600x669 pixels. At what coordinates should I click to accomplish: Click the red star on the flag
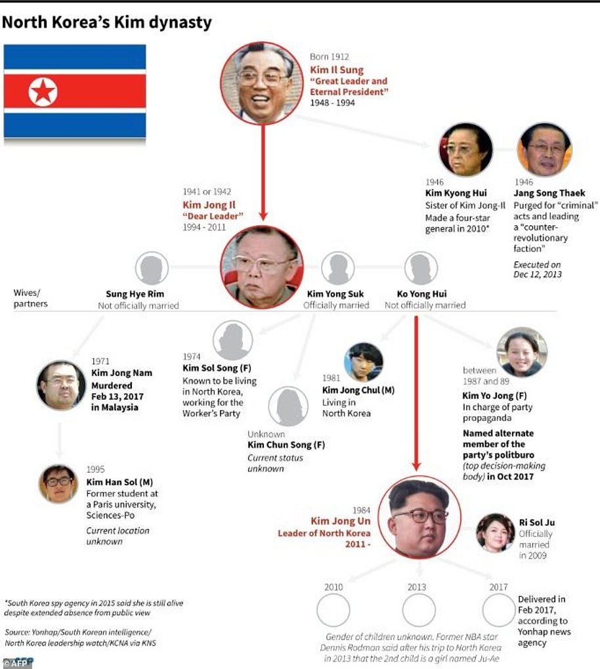pyautogui.click(x=43, y=91)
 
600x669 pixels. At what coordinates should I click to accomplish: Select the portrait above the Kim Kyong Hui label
pyautogui.click(x=465, y=150)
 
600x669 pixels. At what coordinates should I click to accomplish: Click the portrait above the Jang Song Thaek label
pyautogui.click(x=545, y=150)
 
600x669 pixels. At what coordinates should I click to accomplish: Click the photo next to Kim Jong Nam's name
pyautogui.click(x=61, y=385)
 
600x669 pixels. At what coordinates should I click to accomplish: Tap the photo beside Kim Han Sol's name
pyautogui.click(x=58, y=484)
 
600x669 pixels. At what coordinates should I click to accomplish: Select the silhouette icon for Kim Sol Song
pyautogui.click(x=232, y=340)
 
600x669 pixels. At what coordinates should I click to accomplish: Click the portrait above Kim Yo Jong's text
pyautogui.click(x=522, y=352)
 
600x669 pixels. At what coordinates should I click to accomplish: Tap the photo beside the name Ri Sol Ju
pyautogui.click(x=495, y=532)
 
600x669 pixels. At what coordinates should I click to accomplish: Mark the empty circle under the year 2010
pyautogui.click(x=333, y=610)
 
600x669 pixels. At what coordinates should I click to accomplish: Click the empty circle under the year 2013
pyautogui.click(x=419, y=610)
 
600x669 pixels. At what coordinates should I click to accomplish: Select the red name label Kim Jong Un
pyautogui.click(x=341, y=521)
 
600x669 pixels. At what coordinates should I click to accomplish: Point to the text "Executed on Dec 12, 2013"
pyautogui.click(x=538, y=269)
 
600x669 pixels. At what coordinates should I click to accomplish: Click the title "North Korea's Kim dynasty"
pyautogui.click(x=107, y=23)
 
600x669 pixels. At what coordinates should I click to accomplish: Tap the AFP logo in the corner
pyautogui.click(x=18, y=662)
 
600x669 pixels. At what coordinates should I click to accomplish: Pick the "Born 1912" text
pyautogui.click(x=329, y=57)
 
